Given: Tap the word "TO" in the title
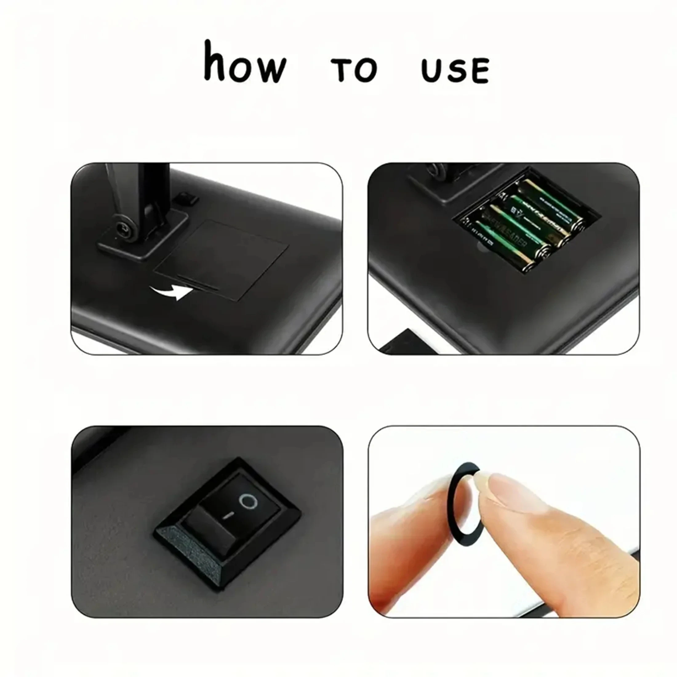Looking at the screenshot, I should coord(354,70).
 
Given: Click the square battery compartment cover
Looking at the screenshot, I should coord(224,259).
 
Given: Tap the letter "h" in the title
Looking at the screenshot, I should coord(214,61).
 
